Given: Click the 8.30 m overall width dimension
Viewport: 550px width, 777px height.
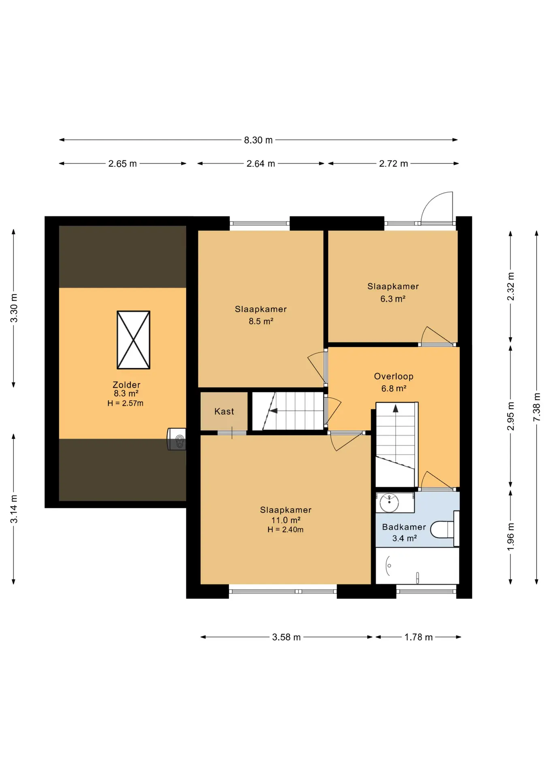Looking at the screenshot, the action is pos(258,140).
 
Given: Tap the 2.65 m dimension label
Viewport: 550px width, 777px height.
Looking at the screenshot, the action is pos(122,163).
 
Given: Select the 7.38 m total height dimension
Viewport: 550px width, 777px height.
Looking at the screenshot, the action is pos(537,407).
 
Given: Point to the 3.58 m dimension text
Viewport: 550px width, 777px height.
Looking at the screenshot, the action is pos(286,637).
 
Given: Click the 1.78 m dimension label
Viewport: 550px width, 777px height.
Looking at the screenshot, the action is pos(418,637).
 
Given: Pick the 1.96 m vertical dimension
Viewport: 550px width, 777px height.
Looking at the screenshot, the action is pos(510,537).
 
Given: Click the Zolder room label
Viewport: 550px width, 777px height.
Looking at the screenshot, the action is pos(126,385).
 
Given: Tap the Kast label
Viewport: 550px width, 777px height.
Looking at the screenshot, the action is pos(224,412).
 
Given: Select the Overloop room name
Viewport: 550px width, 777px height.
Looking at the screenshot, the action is pos(394,376).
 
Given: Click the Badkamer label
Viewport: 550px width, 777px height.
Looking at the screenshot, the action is pos(404,527).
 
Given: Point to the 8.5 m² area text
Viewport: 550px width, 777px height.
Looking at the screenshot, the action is pos(261,321).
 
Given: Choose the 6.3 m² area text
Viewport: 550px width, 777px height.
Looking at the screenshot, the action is pos(392,299).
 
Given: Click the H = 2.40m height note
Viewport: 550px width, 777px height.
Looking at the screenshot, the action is pos(285,529).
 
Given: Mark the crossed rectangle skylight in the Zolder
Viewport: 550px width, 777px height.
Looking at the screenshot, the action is pos(133,340).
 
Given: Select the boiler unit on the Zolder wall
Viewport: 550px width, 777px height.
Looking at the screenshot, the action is pos(177,439).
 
